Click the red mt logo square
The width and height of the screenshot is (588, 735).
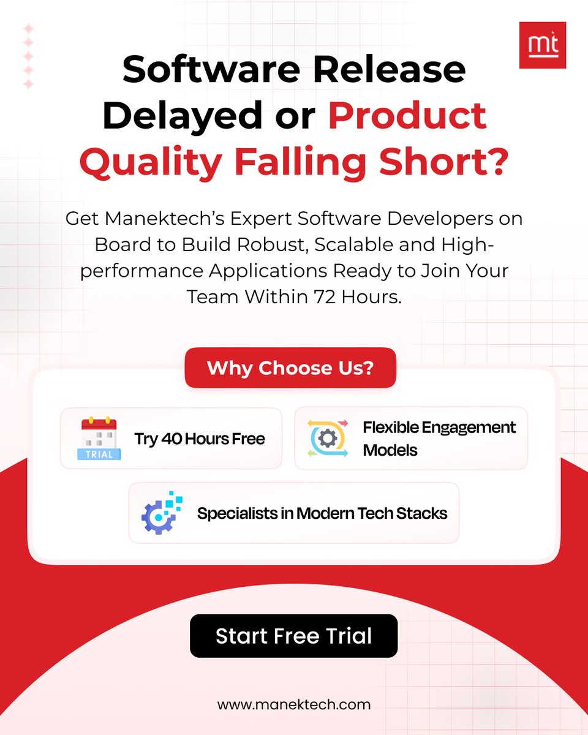tap(542, 45)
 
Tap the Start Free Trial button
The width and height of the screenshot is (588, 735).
tap(293, 636)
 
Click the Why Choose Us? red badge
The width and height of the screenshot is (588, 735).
tap(290, 368)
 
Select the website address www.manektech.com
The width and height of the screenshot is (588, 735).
tap(294, 704)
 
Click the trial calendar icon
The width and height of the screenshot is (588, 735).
tap(99, 439)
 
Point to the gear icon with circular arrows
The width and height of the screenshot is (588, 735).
tap(328, 439)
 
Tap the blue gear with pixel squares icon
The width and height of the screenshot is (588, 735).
tap(161, 512)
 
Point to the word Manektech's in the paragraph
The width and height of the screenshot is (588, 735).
tap(161, 219)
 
